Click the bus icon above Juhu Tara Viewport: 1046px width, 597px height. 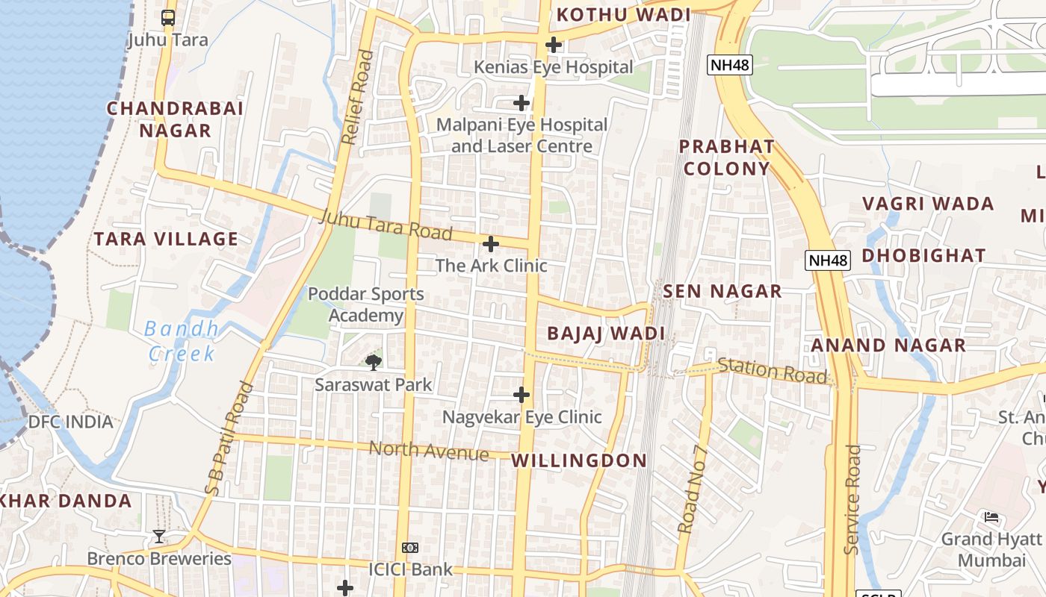point(168,17)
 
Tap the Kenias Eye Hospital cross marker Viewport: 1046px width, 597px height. point(553,45)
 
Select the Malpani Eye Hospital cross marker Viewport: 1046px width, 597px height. point(522,102)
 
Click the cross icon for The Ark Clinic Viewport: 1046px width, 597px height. point(491,244)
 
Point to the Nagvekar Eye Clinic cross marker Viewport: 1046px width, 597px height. point(522,395)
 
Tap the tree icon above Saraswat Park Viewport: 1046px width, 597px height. point(373,363)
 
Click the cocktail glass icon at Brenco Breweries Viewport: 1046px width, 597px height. point(158,536)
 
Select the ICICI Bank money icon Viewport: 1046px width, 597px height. point(410,548)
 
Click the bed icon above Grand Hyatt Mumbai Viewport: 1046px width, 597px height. point(991,516)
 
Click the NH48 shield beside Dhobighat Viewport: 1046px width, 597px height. point(829,260)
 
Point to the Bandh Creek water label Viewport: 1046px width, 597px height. point(182,340)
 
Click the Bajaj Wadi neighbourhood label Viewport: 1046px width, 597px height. point(606,334)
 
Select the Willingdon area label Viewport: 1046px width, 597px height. point(579,460)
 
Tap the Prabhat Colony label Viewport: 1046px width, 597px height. point(726,157)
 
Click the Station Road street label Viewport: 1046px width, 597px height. point(773,371)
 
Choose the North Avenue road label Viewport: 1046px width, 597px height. point(429,450)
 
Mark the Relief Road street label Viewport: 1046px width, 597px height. point(356,97)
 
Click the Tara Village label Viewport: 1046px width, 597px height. point(166,240)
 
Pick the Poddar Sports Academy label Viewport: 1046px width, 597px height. point(366,304)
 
